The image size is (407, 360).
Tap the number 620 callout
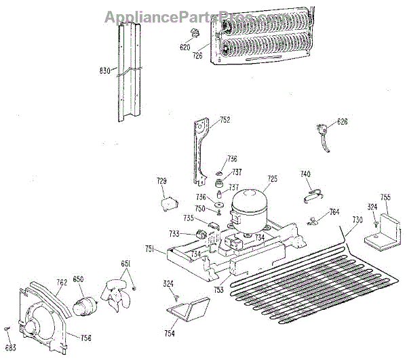[x=185, y=47]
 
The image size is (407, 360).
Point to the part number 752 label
[x=225, y=121]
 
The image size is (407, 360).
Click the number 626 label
[x=341, y=122]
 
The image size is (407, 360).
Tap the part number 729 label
[x=161, y=181]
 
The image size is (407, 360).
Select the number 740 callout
[x=305, y=175]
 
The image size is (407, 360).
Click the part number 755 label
[x=385, y=197]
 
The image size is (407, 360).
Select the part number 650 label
[x=78, y=279]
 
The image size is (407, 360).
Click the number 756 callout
[x=85, y=338]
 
